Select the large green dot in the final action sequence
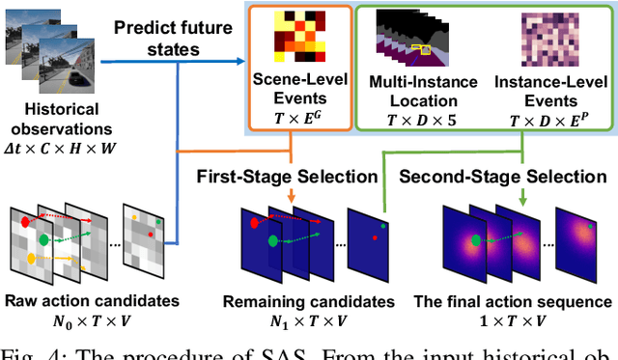[x=473, y=238]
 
